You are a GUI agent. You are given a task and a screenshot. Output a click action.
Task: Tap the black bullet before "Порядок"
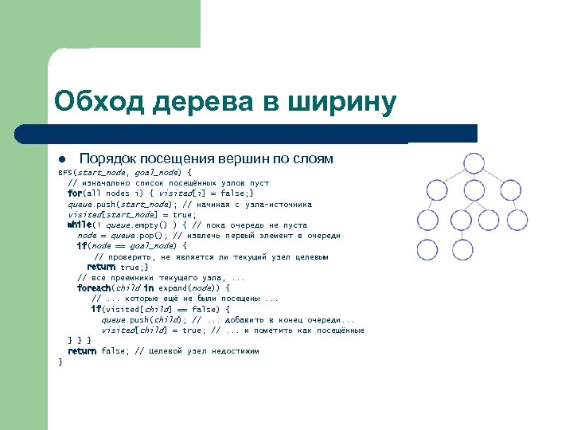pyautogui.click(x=61, y=159)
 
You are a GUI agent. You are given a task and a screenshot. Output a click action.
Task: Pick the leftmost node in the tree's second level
pyautogui.click(x=430, y=207)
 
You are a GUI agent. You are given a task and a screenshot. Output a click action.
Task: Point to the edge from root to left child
pyautogui.click(x=450, y=186)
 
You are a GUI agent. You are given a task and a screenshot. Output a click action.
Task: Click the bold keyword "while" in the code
pyautogui.click(x=80, y=225)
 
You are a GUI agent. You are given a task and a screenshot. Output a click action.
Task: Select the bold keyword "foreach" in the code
pyautogui.click(x=94, y=287)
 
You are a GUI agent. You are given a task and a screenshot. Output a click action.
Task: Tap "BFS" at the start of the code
pyautogui.click(x=65, y=172)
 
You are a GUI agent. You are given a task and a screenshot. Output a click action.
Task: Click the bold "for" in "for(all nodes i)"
pyautogui.click(x=75, y=193)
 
